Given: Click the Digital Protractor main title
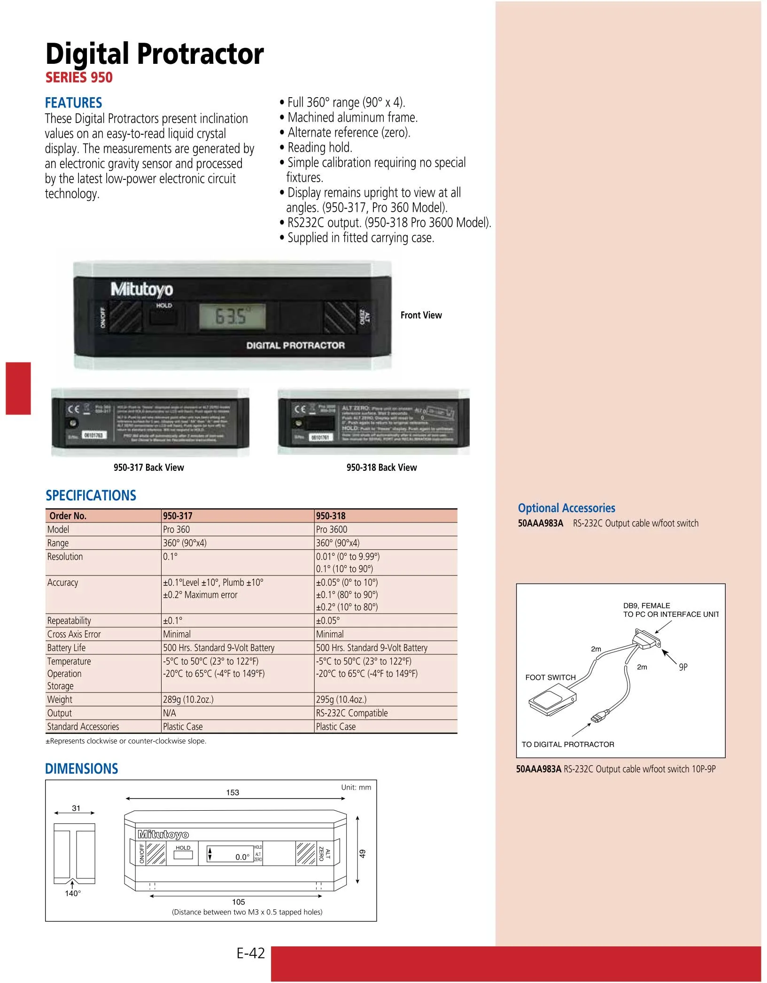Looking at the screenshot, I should pyautogui.click(x=155, y=54).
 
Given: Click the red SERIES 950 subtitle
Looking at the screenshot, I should pyautogui.click(x=79, y=77).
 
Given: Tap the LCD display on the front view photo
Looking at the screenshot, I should pyautogui.click(x=232, y=316).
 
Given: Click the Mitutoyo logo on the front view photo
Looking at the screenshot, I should pyautogui.click(x=142, y=289).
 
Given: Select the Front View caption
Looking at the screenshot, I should pyautogui.click(x=421, y=315).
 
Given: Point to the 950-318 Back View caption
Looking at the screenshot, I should pyautogui.click(x=381, y=468).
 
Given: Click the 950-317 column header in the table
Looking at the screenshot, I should pyautogui.click(x=178, y=516).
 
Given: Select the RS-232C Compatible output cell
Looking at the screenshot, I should pyautogui.click(x=352, y=713).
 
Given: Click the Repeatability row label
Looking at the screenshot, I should pyautogui.click(x=69, y=621).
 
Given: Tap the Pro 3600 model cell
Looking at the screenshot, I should pyautogui.click(x=332, y=530).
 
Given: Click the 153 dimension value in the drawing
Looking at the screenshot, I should pyautogui.click(x=232, y=792).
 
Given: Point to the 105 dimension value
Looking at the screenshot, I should pyautogui.click(x=238, y=902).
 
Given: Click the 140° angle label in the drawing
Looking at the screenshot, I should pyautogui.click(x=73, y=893).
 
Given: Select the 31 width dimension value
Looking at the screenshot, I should pyautogui.click(x=76, y=808).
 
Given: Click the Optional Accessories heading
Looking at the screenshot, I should pyautogui.click(x=566, y=508).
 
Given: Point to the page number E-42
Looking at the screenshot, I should pyautogui.click(x=251, y=953).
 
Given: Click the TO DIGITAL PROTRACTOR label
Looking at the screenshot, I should pyautogui.click(x=568, y=745).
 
